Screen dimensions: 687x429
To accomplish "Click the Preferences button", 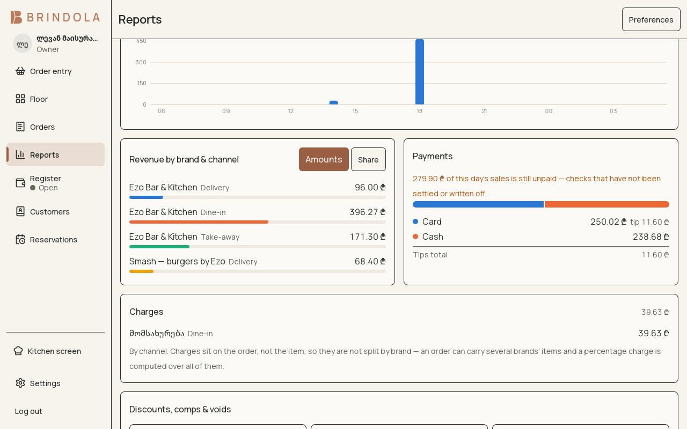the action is click(651, 19).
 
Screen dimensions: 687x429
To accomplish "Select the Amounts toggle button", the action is click(324, 159).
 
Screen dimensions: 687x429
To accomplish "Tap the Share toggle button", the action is click(368, 159).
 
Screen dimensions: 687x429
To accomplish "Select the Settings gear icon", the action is click(20, 383).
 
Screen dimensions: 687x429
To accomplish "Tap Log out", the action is click(28, 411).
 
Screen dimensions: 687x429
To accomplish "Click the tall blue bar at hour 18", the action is click(420, 72).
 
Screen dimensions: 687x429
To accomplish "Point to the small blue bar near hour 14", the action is click(334, 102).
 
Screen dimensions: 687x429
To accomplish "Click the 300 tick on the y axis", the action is click(141, 62).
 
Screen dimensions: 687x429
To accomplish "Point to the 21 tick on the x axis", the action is click(484, 111).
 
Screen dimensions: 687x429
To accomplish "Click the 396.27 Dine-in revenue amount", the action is click(368, 212).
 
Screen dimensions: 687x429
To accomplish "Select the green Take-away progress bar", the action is click(159, 247).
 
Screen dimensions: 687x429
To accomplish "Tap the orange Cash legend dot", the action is click(415, 236).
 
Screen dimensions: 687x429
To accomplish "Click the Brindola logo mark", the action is click(16, 17).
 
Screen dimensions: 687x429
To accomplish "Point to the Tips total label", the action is click(430, 255).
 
